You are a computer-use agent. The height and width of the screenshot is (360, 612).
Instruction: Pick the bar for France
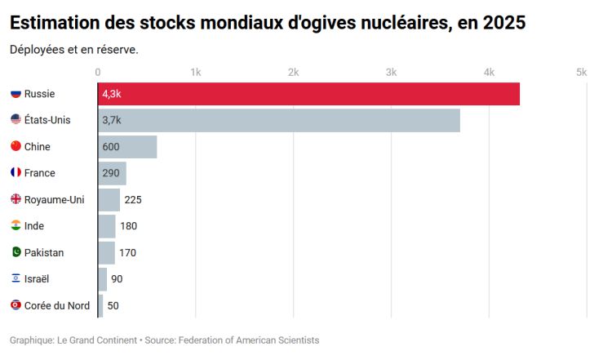[x=112, y=173]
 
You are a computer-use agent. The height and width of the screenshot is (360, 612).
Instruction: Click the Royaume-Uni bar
[x=109, y=200]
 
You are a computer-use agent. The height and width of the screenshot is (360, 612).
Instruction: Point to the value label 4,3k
[x=112, y=94]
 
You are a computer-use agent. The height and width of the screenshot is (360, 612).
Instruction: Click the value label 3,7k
[x=112, y=120]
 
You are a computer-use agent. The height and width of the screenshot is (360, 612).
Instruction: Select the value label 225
[x=133, y=200]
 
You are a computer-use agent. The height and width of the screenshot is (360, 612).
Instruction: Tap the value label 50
[x=113, y=306]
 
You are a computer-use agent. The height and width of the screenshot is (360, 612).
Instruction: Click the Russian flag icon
[x=16, y=94]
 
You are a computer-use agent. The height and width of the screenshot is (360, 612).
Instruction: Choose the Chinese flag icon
[x=16, y=147]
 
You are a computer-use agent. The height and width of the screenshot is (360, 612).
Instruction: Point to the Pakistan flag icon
[x=16, y=253]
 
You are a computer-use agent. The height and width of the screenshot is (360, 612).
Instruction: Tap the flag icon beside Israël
[x=16, y=279]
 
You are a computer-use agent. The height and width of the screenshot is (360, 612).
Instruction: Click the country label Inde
[x=34, y=226]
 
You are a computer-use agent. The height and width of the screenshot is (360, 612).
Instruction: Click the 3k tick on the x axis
[x=391, y=72]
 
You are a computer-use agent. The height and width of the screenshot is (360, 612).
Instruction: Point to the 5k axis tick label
[x=581, y=72]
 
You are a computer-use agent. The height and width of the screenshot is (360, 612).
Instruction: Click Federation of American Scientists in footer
[x=248, y=340]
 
